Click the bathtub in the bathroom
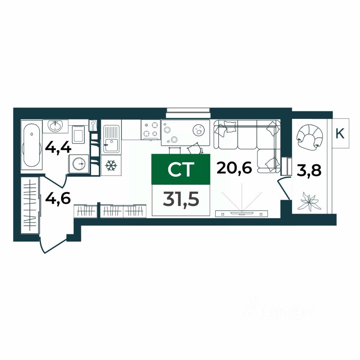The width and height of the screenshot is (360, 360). [x=31, y=145]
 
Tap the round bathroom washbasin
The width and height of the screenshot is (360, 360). [x=55, y=126]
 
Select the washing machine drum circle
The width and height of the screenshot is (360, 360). [x=79, y=164]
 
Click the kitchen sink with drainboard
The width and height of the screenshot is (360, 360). [x=111, y=139]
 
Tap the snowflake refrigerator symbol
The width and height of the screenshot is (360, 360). [x=111, y=165]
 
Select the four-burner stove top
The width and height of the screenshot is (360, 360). [x=150, y=130]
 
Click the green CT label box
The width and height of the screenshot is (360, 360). [x=181, y=169]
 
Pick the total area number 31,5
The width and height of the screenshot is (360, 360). [x=181, y=199]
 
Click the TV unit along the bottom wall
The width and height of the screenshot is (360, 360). [x=241, y=214]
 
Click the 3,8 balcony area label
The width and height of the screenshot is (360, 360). [x=309, y=171]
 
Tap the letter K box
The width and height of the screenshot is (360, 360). [x=340, y=133]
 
